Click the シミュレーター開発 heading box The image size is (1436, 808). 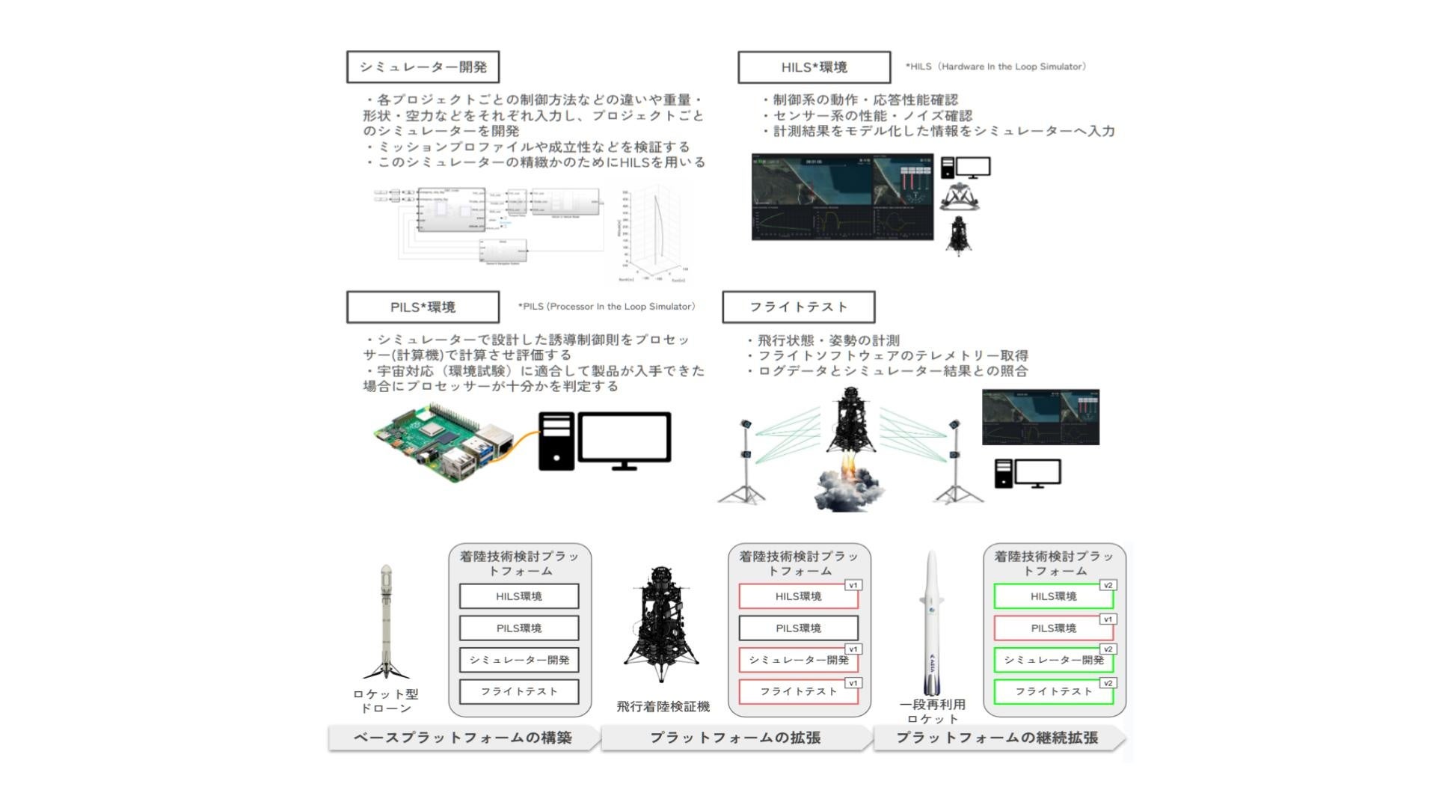click(x=423, y=67)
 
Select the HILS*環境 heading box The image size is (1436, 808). click(x=814, y=67)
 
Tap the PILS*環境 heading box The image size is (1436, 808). click(x=423, y=307)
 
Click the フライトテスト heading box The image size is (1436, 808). click(x=798, y=307)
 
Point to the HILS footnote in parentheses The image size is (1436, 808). click(x=995, y=67)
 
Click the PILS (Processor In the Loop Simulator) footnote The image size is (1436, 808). click(x=607, y=307)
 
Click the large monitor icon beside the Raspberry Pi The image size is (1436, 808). click(x=624, y=440)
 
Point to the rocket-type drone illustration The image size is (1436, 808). click(x=386, y=621)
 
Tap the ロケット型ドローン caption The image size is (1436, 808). click(x=386, y=702)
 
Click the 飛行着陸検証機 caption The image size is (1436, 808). click(x=663, y=707)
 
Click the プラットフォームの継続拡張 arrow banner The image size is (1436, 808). click(x=997, y=738)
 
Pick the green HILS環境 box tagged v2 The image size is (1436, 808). click(x=1053, y=597)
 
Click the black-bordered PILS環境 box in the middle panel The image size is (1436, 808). click(x=798, y=628)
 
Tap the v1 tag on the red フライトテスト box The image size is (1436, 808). click(x=853, y=683)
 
